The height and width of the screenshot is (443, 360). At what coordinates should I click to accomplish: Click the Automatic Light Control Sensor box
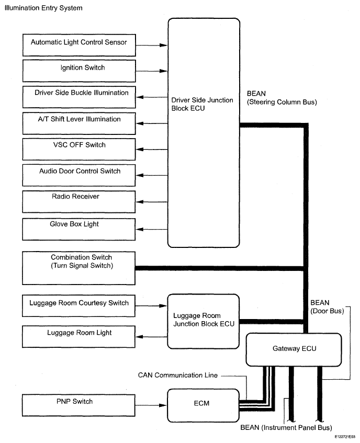[x=79, y=44]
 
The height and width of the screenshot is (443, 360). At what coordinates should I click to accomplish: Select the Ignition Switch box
[x=79, y=71]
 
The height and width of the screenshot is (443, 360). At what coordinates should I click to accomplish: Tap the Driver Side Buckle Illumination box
[x=79, y=96]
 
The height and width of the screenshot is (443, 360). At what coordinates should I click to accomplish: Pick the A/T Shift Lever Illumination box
[x=79, y=122]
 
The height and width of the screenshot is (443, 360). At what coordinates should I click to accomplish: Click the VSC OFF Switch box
[x=79, y=148]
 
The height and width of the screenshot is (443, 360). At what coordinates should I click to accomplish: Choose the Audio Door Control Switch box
[x=79, y=174]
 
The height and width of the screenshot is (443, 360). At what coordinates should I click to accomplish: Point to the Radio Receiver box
[x=79, y=200]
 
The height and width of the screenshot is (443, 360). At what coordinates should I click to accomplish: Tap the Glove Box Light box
[x=79, y=227]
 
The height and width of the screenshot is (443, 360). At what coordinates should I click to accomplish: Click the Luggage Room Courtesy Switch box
[x=79, y=306]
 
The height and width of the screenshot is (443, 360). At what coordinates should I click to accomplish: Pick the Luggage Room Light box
[x=79, y=336]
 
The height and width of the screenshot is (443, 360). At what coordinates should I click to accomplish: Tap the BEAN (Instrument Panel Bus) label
[x=286, y=427]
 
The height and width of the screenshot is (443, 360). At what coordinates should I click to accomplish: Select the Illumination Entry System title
[x=43, y=8]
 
